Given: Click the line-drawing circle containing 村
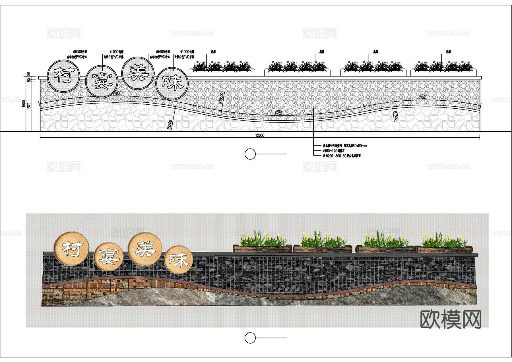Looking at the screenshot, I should (63, 76).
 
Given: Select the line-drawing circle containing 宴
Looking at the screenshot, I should (102, 82).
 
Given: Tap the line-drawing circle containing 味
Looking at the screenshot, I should (172, 83).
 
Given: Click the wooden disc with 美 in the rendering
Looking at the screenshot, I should (145, 249).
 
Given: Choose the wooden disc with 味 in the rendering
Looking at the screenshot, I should (179, 260).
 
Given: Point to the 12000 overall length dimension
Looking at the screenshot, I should (260, 135).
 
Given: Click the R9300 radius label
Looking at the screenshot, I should (170, 125).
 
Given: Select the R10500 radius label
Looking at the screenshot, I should (222, 98).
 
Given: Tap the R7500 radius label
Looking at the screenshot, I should (396, 115).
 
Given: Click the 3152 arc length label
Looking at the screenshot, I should (422, 97).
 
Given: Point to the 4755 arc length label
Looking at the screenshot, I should (278, 113).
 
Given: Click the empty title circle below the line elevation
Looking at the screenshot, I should (250, 154).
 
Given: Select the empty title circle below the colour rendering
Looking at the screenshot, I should (250, 338).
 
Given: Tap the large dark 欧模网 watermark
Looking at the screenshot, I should (451, 319).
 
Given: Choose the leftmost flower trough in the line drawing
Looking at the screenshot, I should (222, 72).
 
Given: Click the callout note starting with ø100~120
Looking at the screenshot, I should (334, 151).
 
